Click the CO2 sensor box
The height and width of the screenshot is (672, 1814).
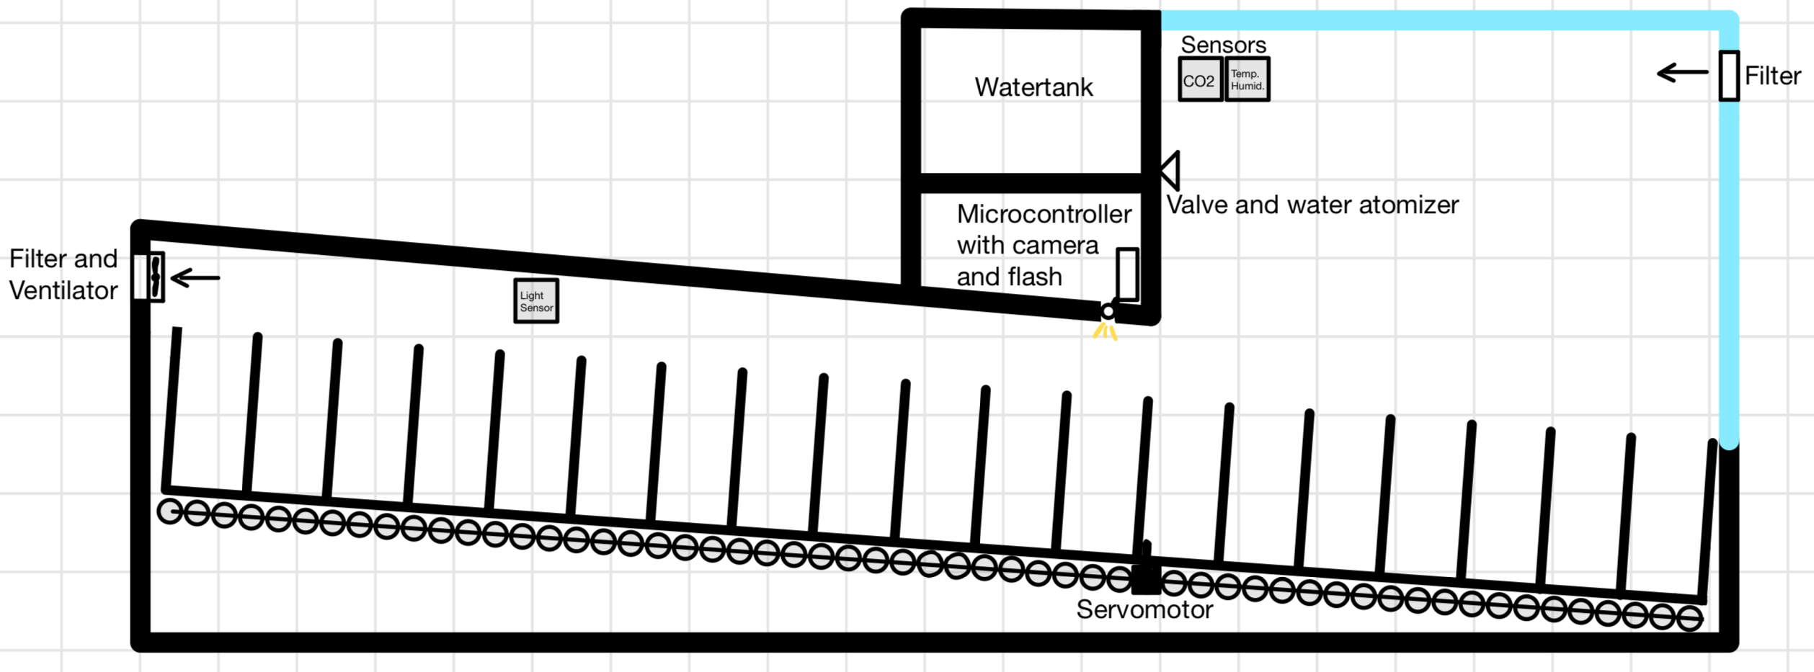(1200, 80)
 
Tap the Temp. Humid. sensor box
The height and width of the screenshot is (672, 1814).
(1247, 79)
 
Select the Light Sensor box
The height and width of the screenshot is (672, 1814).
(536, 301)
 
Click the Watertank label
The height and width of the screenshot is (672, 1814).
(1033, 87)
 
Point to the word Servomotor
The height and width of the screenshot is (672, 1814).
(1144, 610)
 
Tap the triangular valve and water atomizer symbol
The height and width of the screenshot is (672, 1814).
(1171, 171)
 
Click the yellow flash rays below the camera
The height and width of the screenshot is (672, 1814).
(1105, 331)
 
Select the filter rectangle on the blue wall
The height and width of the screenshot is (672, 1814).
(1729, 76)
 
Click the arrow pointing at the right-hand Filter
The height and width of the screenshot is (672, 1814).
(1683, 73)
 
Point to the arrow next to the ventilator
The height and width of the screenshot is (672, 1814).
(195, 278)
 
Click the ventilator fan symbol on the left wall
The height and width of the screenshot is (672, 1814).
(154, 277)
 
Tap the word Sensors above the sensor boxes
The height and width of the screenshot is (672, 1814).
(1223, 45)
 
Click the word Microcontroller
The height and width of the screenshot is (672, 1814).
(1044, 214)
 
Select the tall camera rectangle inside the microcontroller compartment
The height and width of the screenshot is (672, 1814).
(1127, 274)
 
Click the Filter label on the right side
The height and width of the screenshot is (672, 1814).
(1772, 76)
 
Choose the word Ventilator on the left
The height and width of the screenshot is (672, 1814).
(63, 290)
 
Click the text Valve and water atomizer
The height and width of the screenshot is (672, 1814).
(1312, 205)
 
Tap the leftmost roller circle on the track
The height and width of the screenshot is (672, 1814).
(170, 511)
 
